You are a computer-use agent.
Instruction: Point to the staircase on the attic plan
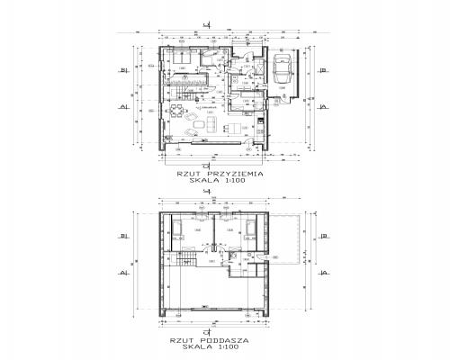click(x=186, y=259)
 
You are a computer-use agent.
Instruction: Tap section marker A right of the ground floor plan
click(x=321, y=106)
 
